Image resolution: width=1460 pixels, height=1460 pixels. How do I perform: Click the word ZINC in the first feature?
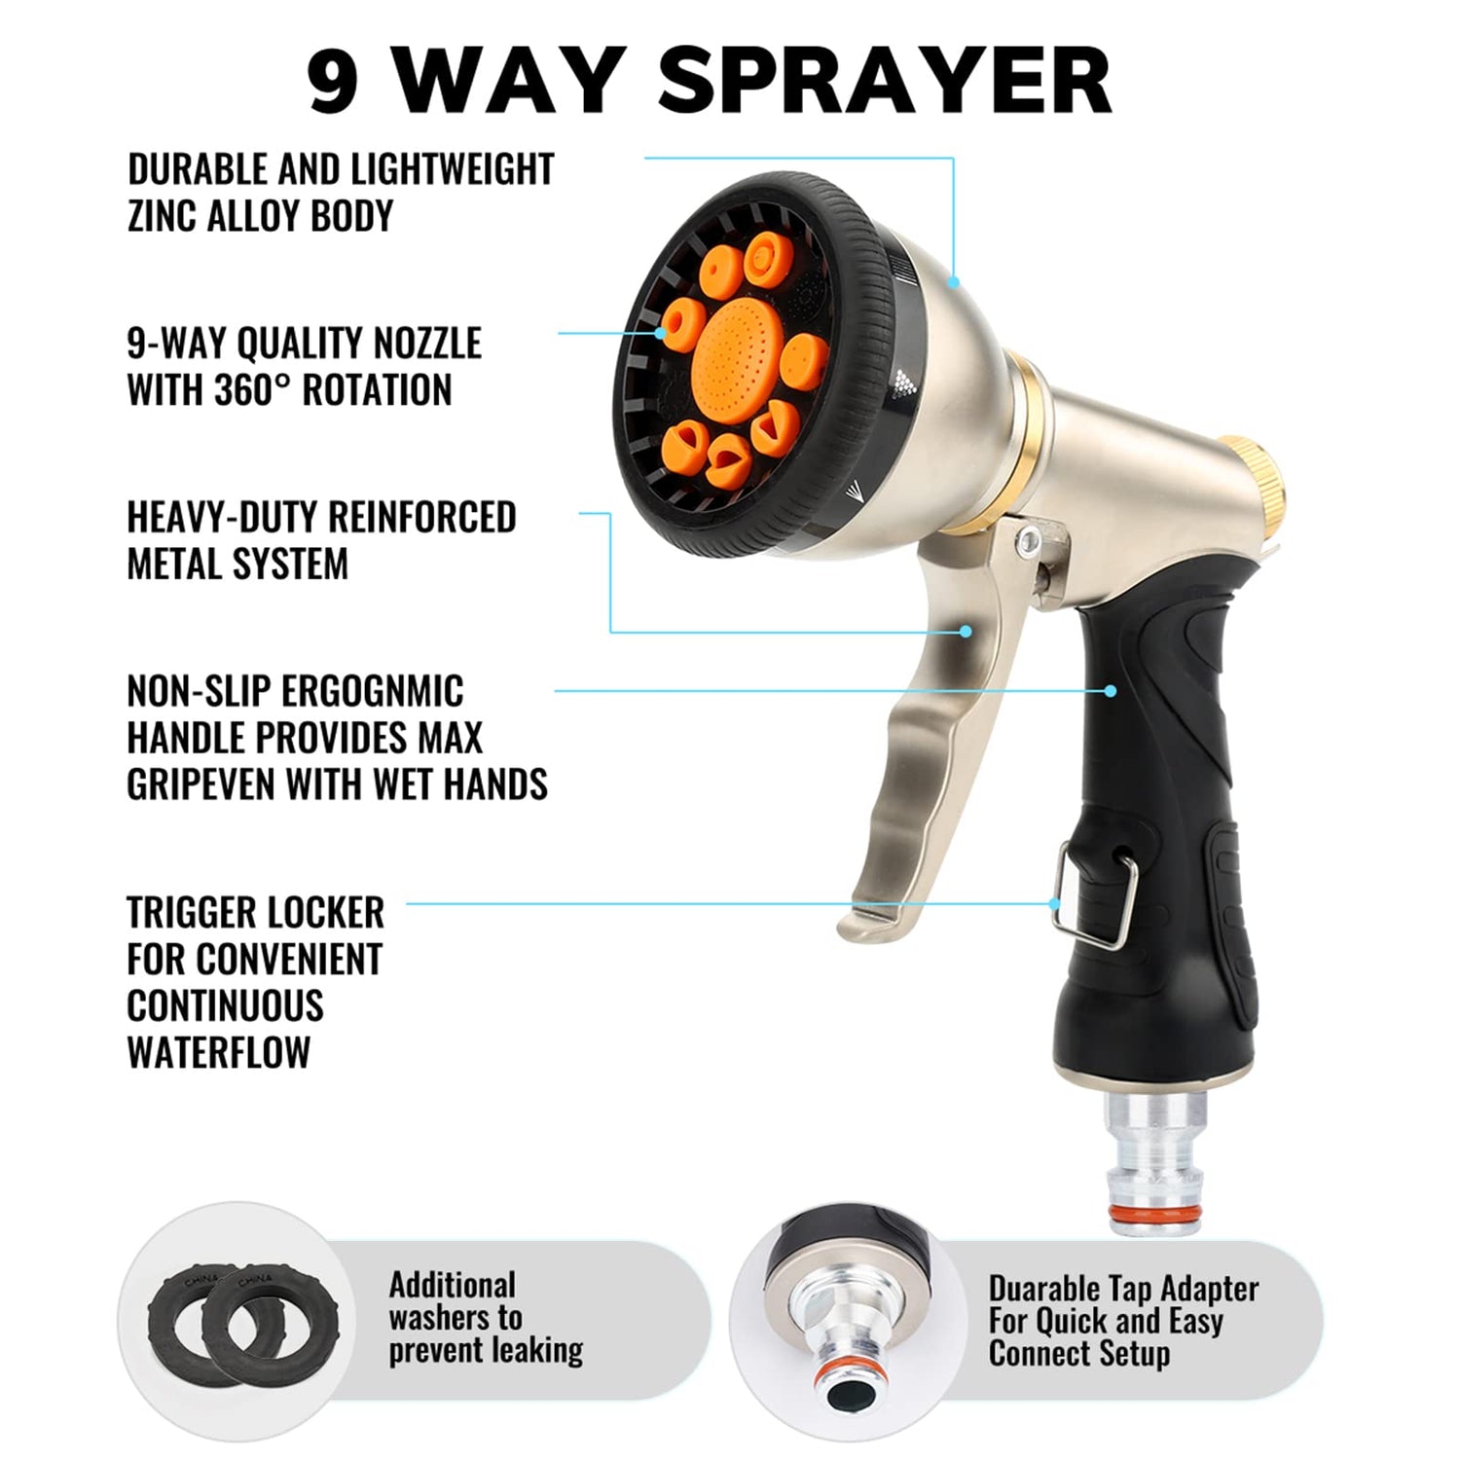click(x=163, y=215)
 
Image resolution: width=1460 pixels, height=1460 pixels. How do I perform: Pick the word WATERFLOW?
click(x=219, y=1052)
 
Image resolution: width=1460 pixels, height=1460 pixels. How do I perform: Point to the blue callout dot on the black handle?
click(x=1111, y=690)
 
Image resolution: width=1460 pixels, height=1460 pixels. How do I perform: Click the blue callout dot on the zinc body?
click(x=955, y=282)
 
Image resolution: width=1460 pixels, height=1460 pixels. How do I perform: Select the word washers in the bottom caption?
click(x=456, y=1318)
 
